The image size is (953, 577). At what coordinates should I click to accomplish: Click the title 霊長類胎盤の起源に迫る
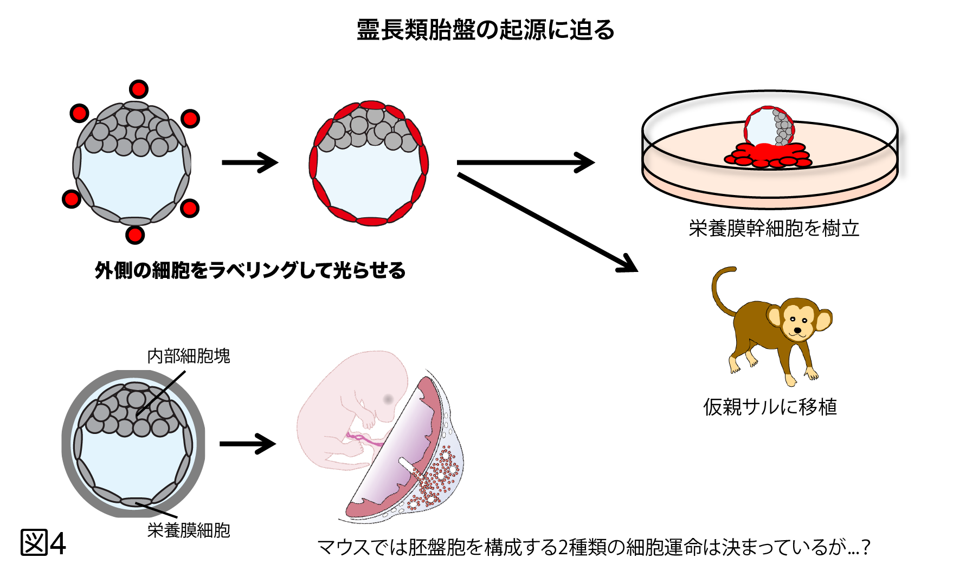click(x=485, y=30)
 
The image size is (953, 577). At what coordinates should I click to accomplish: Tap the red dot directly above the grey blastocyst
click(x=139, y=89)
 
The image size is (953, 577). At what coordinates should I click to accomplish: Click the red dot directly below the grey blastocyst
click(x=135, y=235)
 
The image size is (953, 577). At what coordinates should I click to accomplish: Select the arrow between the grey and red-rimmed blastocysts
click(x=250, y=162)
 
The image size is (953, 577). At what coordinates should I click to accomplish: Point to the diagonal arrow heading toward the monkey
click(x=548, y=222)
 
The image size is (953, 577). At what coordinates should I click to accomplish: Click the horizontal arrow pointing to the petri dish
click(x=525, y=162)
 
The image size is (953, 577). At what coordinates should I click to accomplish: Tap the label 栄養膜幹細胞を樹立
click(x=774, y=229)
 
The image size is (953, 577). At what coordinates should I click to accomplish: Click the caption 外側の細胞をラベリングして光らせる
click(x=250, y=270)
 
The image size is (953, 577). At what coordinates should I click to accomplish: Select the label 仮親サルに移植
click(x=770, y=406)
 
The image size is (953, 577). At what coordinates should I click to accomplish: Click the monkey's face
click(x=799, y=321)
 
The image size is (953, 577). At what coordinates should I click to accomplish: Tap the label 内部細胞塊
click(x=189, y=356)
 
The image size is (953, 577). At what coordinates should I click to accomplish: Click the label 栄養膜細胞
click(x=189, y=530)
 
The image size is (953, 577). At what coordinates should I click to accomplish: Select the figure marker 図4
click(x=43, y=543)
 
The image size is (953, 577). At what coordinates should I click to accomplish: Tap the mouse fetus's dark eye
click(x=388, y=399)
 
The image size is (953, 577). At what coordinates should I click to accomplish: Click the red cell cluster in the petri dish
click(x=767, y=154)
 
